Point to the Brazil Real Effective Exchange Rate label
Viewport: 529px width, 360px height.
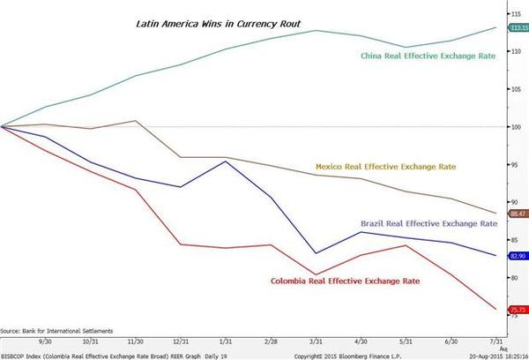click(422, 222)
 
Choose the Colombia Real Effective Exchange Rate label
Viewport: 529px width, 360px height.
click(345, 281)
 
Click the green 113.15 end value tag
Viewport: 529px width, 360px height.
click(518, 27)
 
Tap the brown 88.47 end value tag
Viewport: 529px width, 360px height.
click(518, 213)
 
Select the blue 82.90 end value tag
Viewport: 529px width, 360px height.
click(518, 256)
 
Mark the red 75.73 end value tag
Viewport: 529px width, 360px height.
click(518, 310)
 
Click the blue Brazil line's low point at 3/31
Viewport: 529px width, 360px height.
click(317, 254)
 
